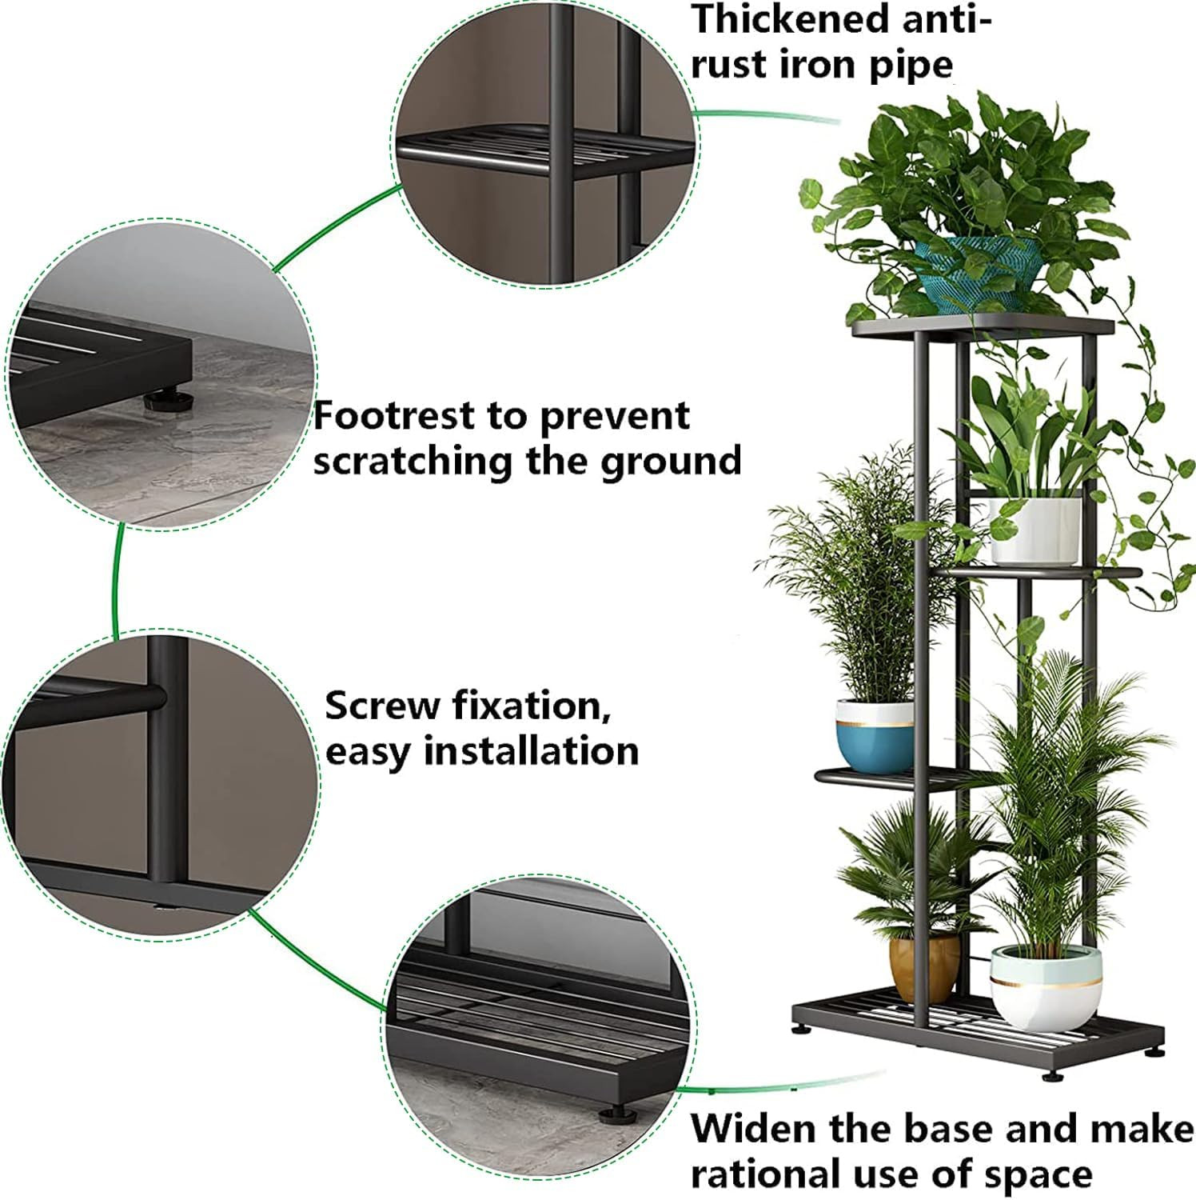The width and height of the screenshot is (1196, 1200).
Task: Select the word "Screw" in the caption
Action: pyautogui.click(x=381, y=706)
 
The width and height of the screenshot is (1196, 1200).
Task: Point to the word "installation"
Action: pyautogui.click(x=531, y=751)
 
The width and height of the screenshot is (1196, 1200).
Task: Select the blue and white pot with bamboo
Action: pyautogui.click(x=874, y=734)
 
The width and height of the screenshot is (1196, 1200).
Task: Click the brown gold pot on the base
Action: pyautogui.click(x=924, y=966)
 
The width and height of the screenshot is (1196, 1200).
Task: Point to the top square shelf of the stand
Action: pyautogui.click(x=983, y=326)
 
